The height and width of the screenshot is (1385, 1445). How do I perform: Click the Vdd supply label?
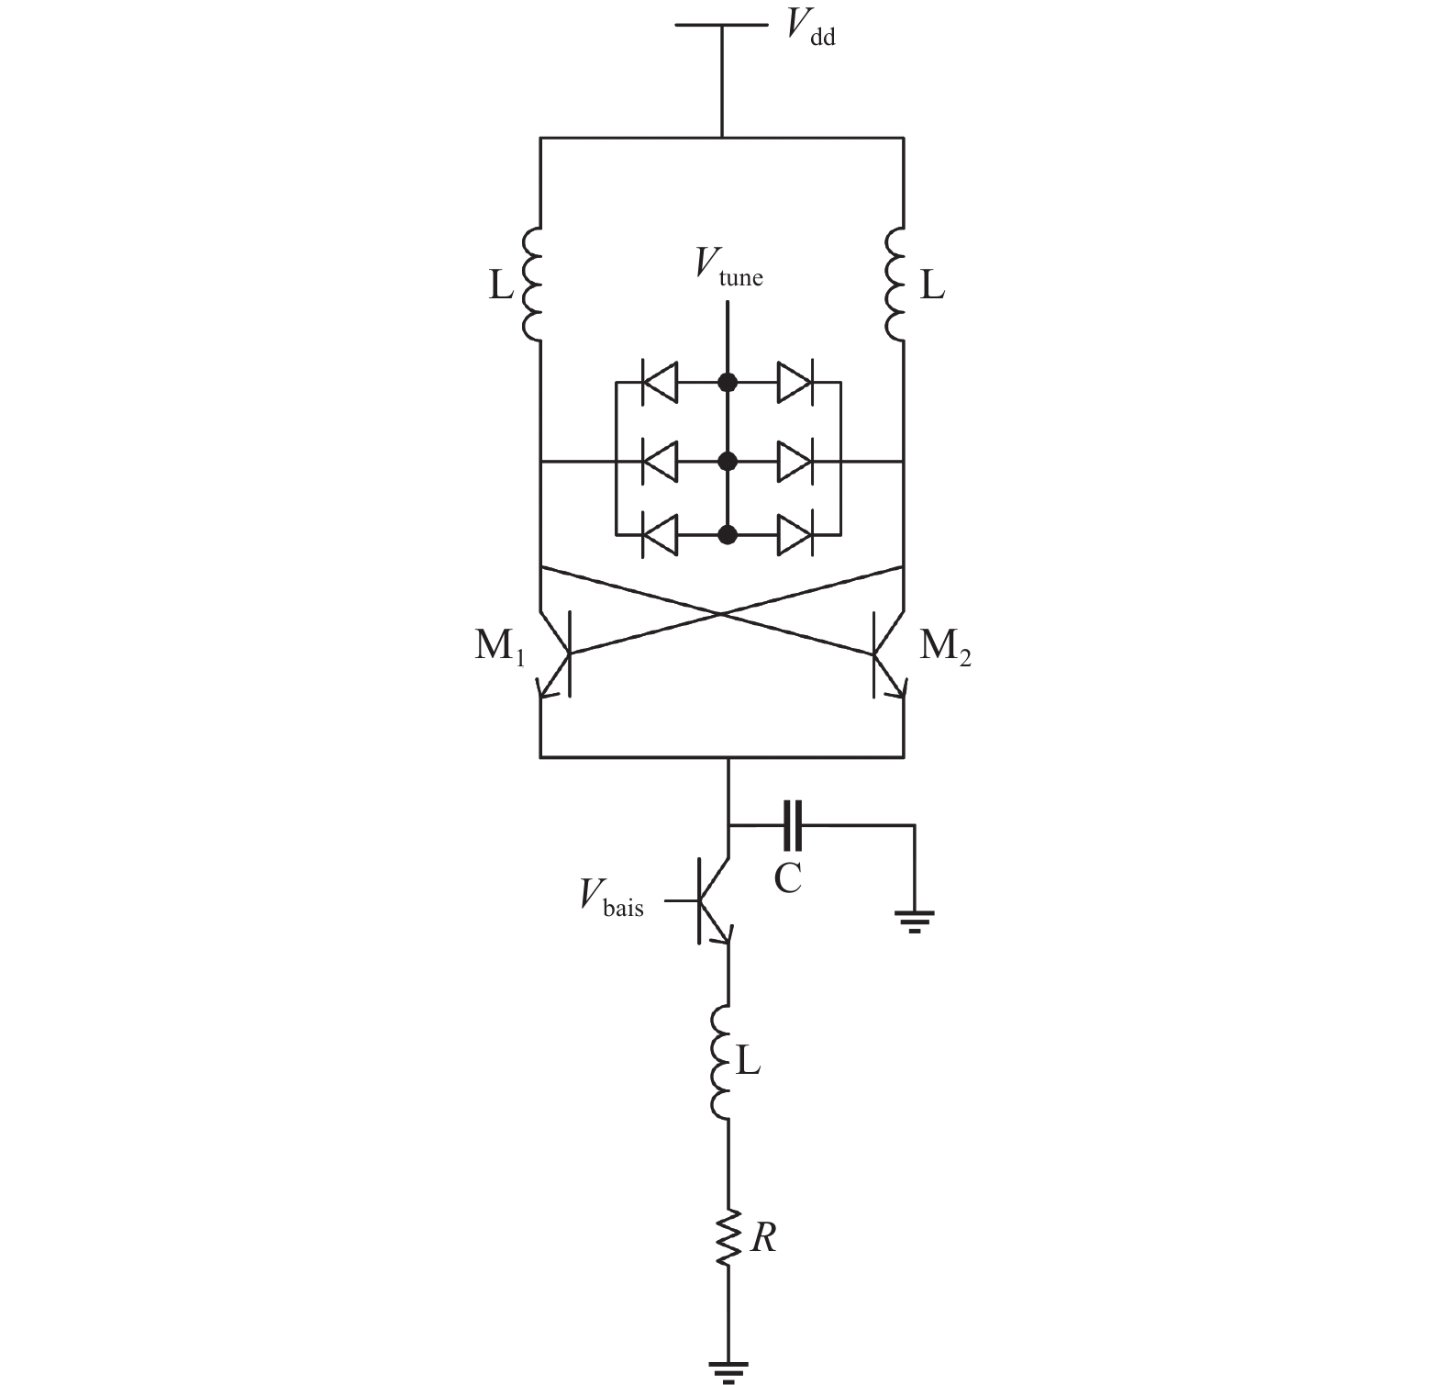click(811, 29)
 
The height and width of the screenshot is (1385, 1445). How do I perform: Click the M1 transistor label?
click(499, 648)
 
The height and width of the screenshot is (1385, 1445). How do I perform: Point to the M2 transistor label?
click(945, 648)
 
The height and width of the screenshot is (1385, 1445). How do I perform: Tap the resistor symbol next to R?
click(729, 1239)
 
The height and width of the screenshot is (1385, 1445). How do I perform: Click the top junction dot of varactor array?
click(728, 382)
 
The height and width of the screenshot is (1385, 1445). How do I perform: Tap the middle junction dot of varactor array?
click(728, 460)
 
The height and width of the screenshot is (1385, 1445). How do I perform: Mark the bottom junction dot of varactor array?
click(728, 535)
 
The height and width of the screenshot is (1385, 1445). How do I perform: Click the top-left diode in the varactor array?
click(660, 382)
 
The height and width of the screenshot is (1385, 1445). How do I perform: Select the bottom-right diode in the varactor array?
click(795, 535)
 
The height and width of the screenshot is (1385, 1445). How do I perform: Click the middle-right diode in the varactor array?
click(795, 460)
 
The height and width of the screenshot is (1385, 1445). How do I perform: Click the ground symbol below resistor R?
click(729, 1370)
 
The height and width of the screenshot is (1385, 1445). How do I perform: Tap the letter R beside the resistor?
click(763, 1239)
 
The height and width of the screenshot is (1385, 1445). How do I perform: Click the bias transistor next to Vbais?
click(711, 899)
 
